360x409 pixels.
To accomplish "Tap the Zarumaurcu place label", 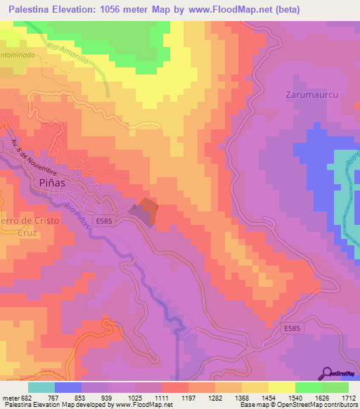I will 309,93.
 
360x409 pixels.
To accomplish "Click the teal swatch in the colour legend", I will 41,387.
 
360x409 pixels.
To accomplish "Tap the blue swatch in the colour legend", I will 68,387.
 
